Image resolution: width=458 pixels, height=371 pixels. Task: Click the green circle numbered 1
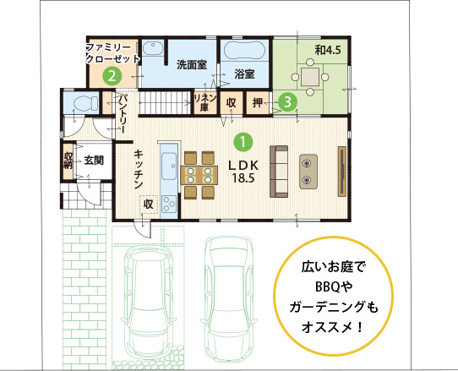[243, 142]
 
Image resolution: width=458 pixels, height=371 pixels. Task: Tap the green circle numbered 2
[112, 76]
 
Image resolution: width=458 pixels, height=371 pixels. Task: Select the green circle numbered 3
[287, 102]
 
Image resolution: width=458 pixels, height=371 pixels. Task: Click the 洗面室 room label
[192, 65]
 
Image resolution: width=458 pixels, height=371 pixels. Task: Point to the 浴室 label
[244, 74]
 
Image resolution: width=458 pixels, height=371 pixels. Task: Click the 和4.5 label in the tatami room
[328, 50]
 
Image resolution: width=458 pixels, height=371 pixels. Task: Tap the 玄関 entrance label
[94, 161]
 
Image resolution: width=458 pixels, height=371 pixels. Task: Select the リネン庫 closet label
[205, 102]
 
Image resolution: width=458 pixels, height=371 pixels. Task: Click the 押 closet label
[258, 102]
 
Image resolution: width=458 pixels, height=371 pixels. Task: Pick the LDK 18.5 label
[243, 172]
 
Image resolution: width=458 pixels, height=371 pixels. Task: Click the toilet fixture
[85, 103]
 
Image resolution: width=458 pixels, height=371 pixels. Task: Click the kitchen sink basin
[169, 166]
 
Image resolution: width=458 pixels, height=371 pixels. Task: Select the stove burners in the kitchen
[169, 204]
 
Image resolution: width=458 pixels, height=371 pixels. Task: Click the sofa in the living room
[279, 172]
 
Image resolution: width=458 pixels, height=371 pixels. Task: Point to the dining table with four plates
[199, 175]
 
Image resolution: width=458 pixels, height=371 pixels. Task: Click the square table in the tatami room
[310, 77]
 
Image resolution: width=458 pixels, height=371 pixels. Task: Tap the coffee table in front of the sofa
[308, 172]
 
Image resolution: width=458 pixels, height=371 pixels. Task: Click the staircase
[165, 102]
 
